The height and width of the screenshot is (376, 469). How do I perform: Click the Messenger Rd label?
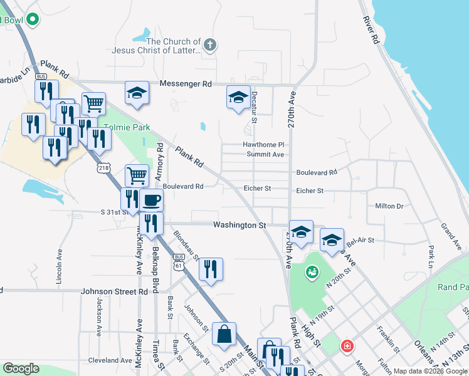tap(186, 84)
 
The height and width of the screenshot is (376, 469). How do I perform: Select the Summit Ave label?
tap(265, 154)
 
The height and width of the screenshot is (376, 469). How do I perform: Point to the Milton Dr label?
tap(389, 206)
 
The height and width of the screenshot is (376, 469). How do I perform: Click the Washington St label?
tap(240, 225)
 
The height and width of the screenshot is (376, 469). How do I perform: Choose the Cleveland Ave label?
tap(110, 360)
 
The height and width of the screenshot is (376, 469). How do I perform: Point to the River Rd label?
tap(372, 29)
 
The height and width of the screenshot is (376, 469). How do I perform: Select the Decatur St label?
tap(255, 105)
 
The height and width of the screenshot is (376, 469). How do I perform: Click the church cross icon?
tap(210, 45)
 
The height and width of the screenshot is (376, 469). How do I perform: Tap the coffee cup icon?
tap(151, 201)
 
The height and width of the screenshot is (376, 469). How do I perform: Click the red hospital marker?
tap(347, 346)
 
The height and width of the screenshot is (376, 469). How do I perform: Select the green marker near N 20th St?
tap(312, 272)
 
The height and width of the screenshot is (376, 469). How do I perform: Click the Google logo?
tap(20, 368)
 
